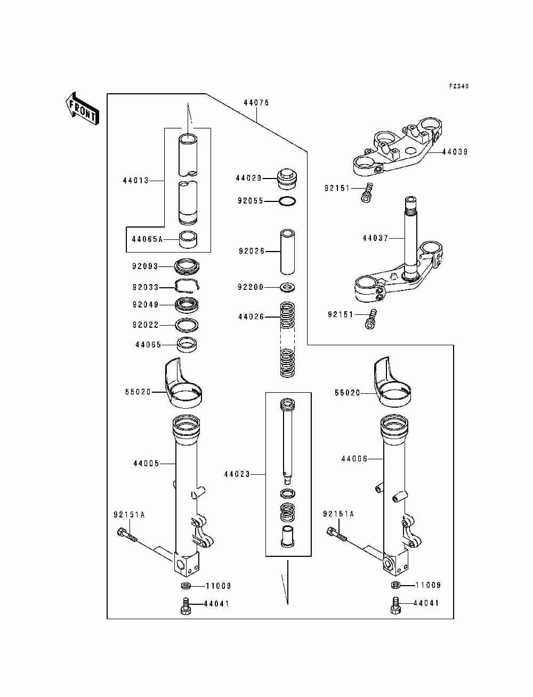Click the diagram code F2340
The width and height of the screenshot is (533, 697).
pyautogui.click(x=459, y=86)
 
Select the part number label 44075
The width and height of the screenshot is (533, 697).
pyautogui.click(x=256, y=102)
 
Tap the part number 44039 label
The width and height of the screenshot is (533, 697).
pyautogui.click(x=455, y=152)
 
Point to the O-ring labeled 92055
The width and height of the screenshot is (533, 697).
pyautogui.click(x=287, y=201)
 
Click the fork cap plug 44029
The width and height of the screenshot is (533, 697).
pyautogui.click(x=287, y=179)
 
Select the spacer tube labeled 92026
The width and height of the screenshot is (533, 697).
pyautogui.click(x=287, y=252)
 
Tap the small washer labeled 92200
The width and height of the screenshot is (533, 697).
pyautogui.click(x=287, y=287)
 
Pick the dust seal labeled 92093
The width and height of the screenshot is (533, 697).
pyautogui.click(x=188, y=266)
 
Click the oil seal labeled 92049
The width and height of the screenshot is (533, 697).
pyautogui.click(x=188, y=305)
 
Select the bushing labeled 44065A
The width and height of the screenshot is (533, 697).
pyautogui.click(x=188, y=239)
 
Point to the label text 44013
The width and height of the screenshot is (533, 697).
pyautogui.click(x=135, y=181)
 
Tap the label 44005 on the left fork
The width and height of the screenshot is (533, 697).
pyautogui.click(x=146, y=463)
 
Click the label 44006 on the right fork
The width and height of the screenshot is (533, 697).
pyautogui.click(x=354, y=458)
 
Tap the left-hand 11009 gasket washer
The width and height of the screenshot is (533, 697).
pyautogui.click(x=185, y=586)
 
